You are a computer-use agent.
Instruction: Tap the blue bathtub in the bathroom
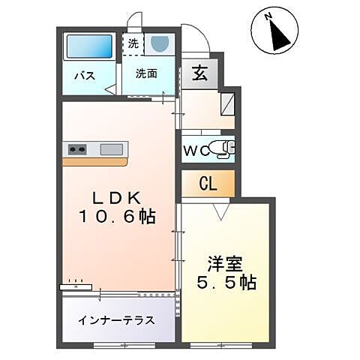88,47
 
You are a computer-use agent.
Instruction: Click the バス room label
83,76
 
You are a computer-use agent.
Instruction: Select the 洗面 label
147,73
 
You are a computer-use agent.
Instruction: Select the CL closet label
208,183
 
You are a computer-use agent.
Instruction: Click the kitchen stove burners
78,148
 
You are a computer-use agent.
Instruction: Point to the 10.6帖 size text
117,217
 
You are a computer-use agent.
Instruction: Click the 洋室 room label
224,264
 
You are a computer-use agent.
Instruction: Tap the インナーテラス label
116,320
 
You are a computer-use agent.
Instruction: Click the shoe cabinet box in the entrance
228,102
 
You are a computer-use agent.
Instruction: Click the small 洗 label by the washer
133,43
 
